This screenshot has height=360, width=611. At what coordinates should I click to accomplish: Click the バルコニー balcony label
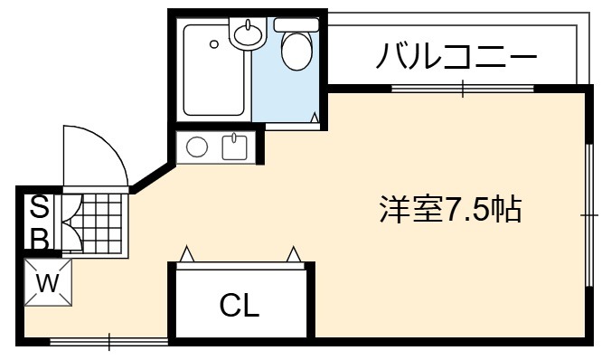pos(456,57)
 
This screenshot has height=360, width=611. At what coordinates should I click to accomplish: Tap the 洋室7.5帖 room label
pos(450,210)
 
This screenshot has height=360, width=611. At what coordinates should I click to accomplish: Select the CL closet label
pos(240,305)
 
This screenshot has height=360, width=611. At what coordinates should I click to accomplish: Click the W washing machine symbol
pos(48,282)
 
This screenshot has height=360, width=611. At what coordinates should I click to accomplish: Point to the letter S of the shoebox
pos(40,207)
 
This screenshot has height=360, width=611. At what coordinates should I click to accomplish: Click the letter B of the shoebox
pos(40,238)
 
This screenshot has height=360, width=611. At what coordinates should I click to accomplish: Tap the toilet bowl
pos(297,51)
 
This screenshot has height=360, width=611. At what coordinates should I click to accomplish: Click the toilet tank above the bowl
pos(296,25)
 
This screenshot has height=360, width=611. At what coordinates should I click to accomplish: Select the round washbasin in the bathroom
pos(247,33)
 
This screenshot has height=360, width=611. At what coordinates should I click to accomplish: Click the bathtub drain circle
pos(214,44)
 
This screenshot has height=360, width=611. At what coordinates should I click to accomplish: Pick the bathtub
pos(213,71)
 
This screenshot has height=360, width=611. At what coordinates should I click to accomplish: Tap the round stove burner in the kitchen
pos(197,147)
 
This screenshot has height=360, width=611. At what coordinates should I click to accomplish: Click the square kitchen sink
pos(235,147)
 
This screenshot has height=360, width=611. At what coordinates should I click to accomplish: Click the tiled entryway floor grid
pos(102,223)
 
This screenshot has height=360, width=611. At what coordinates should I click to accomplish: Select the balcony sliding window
pos(463,89)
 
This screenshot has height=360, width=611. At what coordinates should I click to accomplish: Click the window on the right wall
pos(589,215)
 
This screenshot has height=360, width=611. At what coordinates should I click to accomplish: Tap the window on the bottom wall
pos(109,342)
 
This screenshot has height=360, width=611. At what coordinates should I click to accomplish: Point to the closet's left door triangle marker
pos(187,254)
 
